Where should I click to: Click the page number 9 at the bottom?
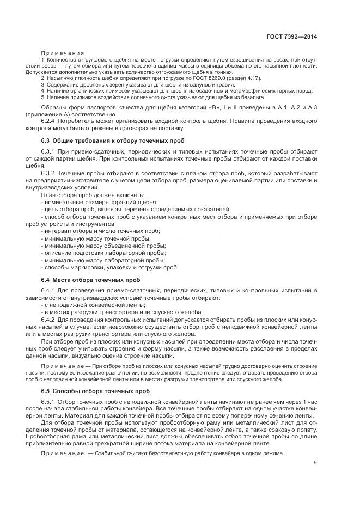(x=315, y=463)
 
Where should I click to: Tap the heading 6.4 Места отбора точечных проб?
(x=83, y=280)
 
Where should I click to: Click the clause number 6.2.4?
(x=49, y=121)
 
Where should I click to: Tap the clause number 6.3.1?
(x=49, y=150)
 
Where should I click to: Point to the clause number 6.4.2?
(x=49, y=319)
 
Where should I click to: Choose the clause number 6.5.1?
(x=49, y=402)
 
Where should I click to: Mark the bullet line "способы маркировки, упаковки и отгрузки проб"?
(x=109, y=267)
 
